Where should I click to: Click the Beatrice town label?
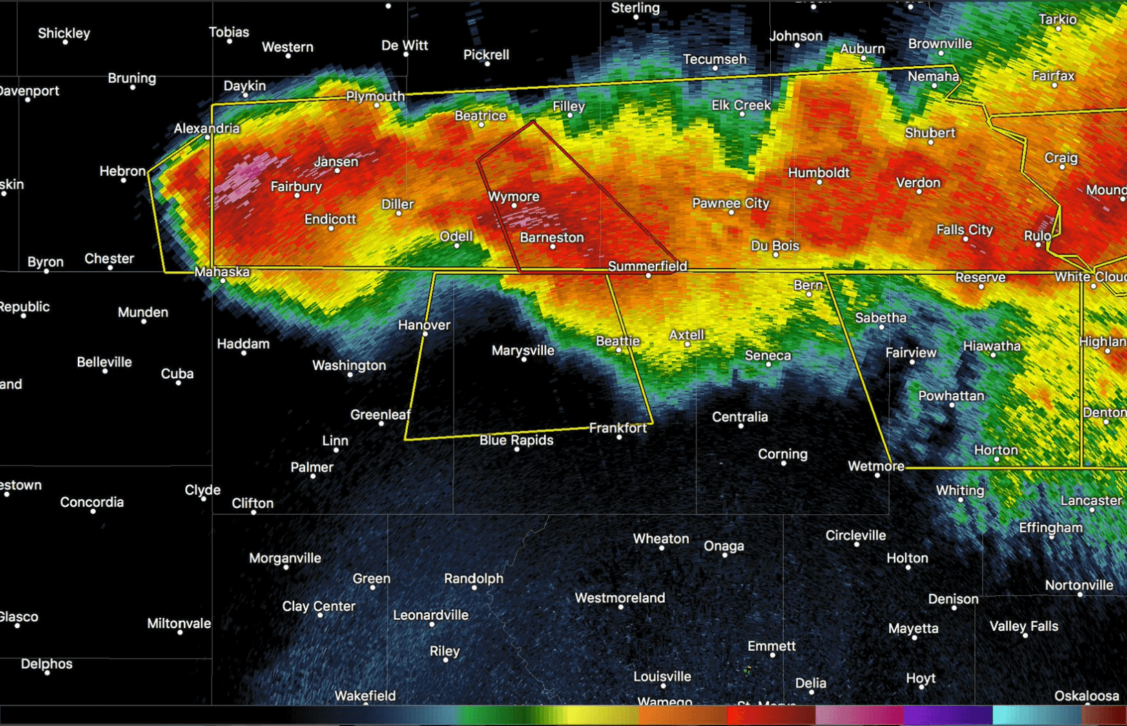pyautogui.click(x=480, y=116)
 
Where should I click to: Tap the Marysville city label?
pyautogui.click(x=523, y=351)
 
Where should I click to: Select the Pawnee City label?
pyautogui.click(x=730, y=203)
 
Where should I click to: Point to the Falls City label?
pyautogui.click(x=964, y=229)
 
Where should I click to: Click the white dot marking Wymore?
pyautogui.click(x=514, y=205)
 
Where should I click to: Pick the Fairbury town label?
pyautogui.click(x=296, y=187)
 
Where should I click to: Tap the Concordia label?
pyautogui.click(x=92, y=502)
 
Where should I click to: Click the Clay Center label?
pyautogui.click(x=319, y=606)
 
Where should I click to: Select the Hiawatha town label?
pyautogui.click(x=992, y=346)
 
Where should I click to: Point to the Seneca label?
pyautogui.click(x=768, y=355)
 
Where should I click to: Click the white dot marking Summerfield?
pyautogui.click(x=648, y=276)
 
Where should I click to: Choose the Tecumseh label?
pyautogui.click(x=715, y=59)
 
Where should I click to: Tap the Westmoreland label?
pyautogui.click(x=620, y=598)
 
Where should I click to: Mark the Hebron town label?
pyautogui.click(x=123, y=171)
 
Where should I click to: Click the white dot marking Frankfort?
pyautogui.click(x=619, y=437)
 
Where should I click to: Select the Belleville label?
pyautogui.click(x=104, y=362)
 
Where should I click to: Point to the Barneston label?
pyautogui.click(x=552, y=238)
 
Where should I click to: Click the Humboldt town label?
pyautogui.click(x=819, y=173)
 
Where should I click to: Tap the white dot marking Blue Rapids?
pyautogui.click(x=517, y=449)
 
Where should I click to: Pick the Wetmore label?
pyautogui.click(x=876, y=466)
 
